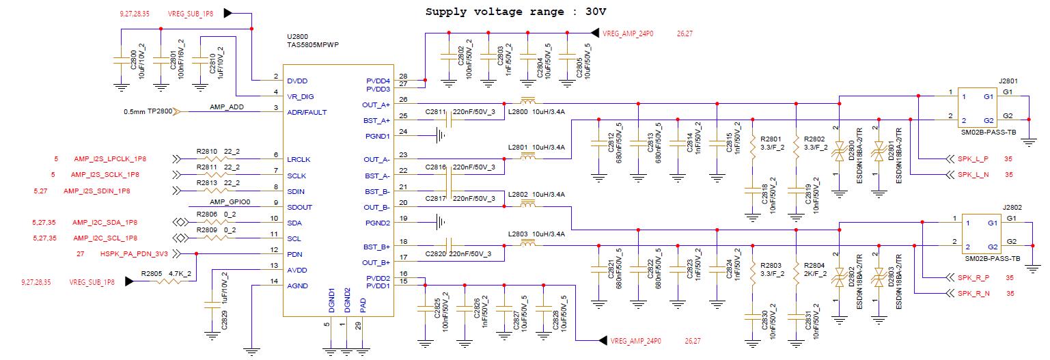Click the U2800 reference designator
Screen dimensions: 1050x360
coord(297,37)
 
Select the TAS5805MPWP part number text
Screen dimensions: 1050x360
coord(313,45)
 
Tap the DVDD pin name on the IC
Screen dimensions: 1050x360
coord(297,81)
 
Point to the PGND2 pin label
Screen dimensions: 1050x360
coord(377,223)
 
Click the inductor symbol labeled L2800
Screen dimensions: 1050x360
coord(528,101)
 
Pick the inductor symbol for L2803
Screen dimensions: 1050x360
coord(528,243)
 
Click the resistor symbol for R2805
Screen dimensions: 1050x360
coord(168,281)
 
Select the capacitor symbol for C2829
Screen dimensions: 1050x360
coord(212,305)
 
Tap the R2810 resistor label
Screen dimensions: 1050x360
coord(207,152)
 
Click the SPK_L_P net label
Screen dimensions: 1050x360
coord(973,159)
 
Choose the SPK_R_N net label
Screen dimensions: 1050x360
coord(973,294)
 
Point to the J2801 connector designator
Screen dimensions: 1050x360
coord(1008,81)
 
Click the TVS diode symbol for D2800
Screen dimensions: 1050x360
coord(839,151)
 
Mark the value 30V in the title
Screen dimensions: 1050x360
coord(595,12)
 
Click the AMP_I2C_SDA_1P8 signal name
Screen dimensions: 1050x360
coord(105,222)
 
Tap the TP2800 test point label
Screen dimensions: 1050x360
coord(160,111)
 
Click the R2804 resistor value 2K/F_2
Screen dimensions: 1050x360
coord(815,274)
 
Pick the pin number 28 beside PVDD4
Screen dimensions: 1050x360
coord(403,76)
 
